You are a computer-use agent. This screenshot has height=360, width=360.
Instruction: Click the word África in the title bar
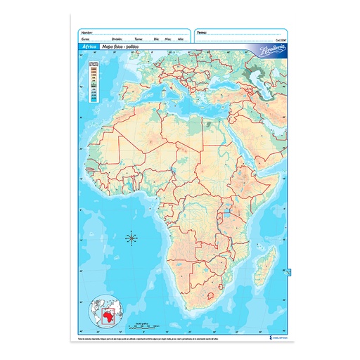(x=89, y=45)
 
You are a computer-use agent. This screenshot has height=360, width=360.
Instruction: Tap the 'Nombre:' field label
(x=87, y=32)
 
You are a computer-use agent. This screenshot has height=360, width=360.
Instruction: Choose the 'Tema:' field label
(x=202, y=32)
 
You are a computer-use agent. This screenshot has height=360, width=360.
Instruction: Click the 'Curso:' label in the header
(x=86, y=39)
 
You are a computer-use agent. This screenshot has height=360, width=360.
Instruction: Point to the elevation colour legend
(x=93, y=80)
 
